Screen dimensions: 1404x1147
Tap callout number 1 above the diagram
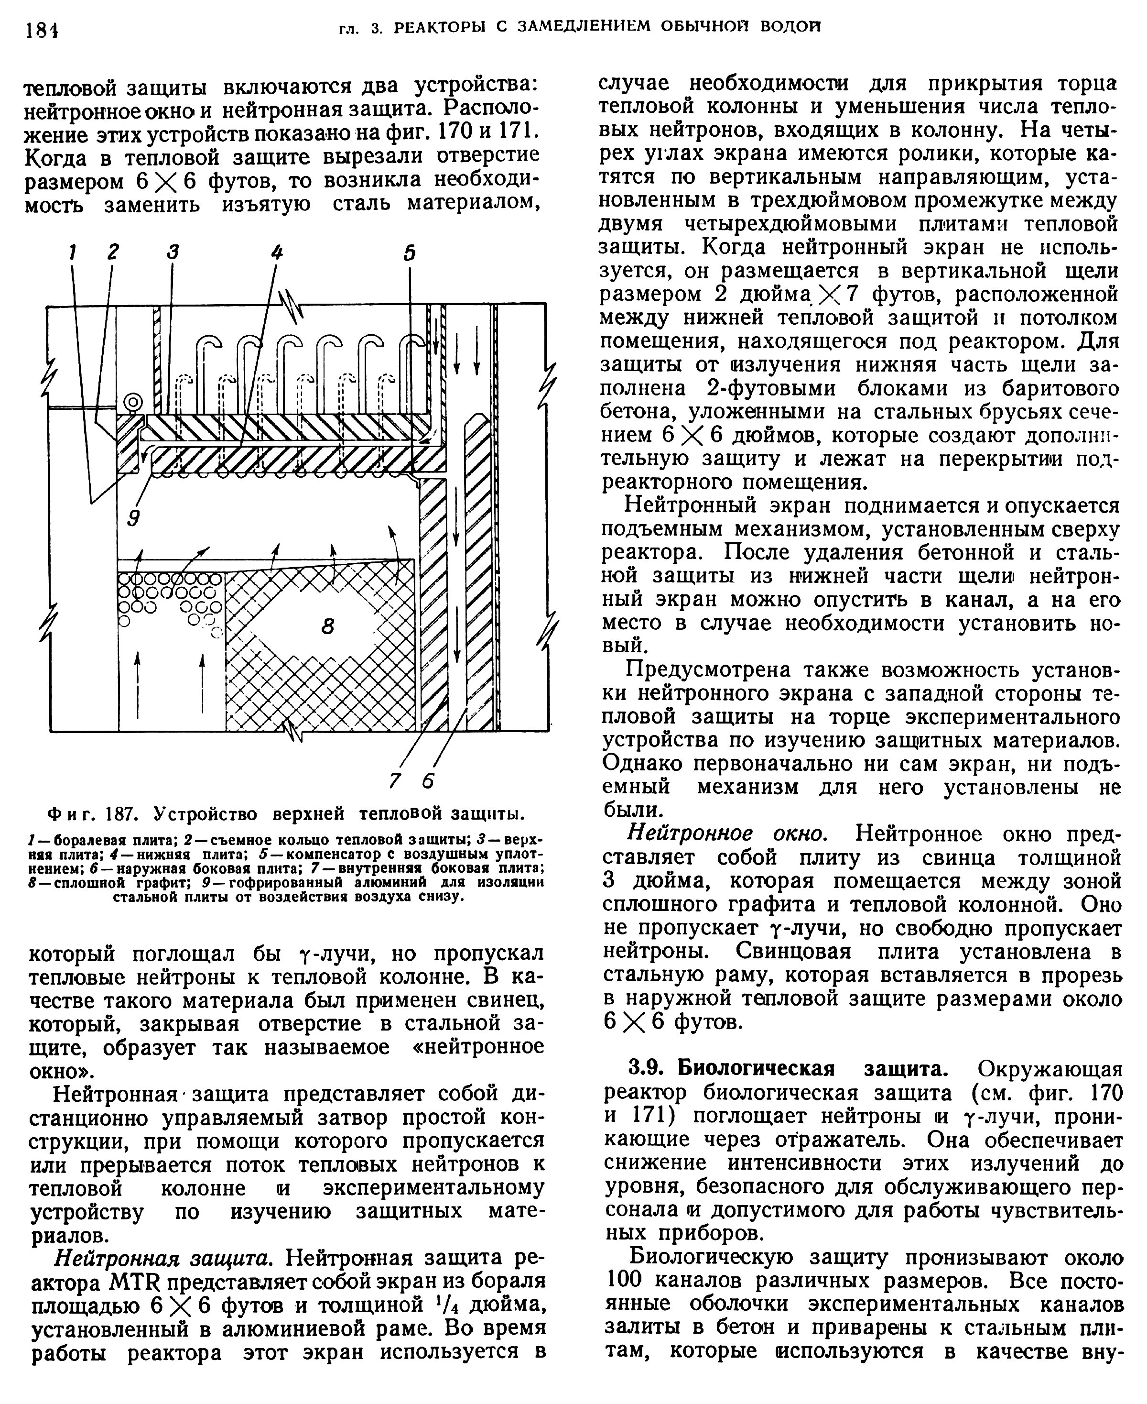[x=73, y=252]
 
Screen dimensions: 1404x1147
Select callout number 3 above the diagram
[x=173, y=252]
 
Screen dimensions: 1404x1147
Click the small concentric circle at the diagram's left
[x=133, y=402]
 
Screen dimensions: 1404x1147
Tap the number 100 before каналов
[x=624, y=1281]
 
